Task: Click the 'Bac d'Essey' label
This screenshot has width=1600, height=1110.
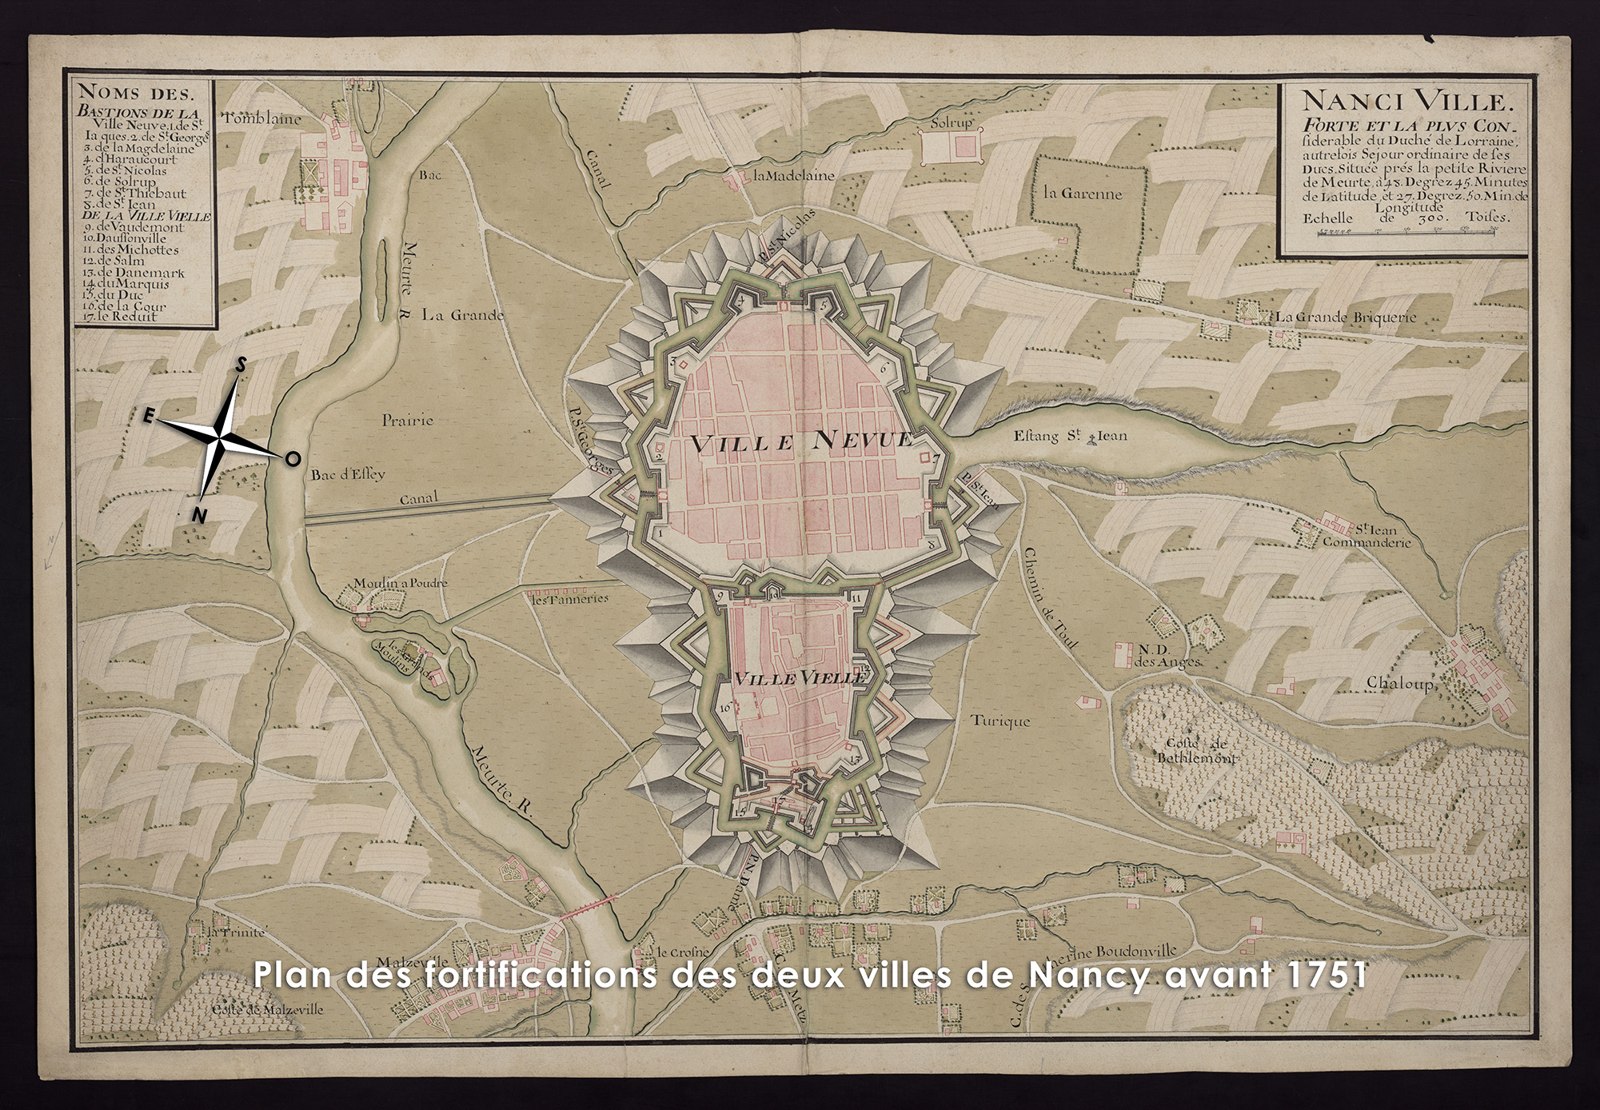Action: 347,473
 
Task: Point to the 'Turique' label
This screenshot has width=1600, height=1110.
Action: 1000,721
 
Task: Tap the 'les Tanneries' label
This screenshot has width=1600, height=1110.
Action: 569,598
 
